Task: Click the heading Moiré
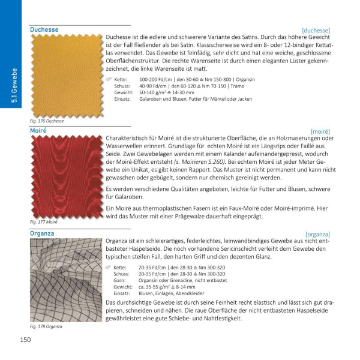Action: pyautogui.click(x=39, y=129)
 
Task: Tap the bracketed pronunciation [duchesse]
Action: pyautogui.click(x=316, y=29)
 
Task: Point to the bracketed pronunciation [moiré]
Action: pyautogui.click(x=320, y=130)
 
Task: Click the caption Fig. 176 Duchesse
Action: pyautogui.click(x=47, y=121)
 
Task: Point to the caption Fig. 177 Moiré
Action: pyautogui.click(x=44, y=222)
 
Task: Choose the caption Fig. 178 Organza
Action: pyautogui.click(x=46, y=326)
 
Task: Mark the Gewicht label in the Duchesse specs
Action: pyautogui.click(x=123, y=93)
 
